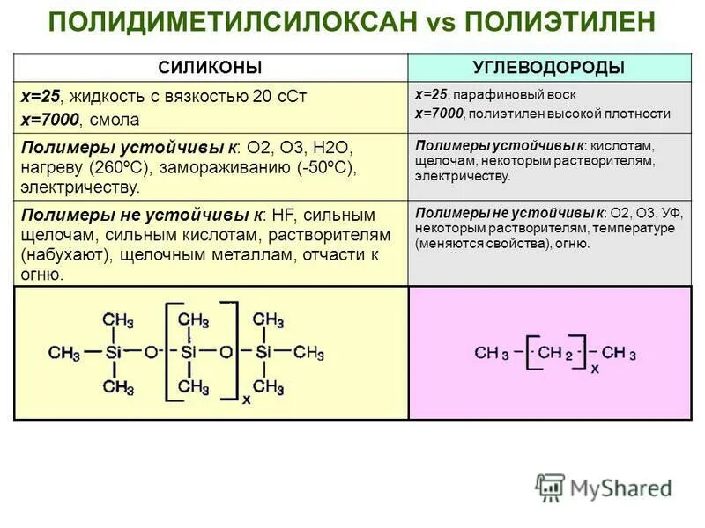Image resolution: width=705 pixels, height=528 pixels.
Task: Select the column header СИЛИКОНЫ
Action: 210,68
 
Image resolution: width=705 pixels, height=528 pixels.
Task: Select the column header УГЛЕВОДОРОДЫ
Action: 549,68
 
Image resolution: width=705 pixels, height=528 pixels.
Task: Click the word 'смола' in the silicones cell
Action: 118,117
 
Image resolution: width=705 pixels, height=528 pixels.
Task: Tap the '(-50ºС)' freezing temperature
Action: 324,168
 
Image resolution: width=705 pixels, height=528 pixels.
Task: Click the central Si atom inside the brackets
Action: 190,353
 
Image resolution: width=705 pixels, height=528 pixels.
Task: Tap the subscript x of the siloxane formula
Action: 246,399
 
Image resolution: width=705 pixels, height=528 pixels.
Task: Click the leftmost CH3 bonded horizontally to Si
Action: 64,353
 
